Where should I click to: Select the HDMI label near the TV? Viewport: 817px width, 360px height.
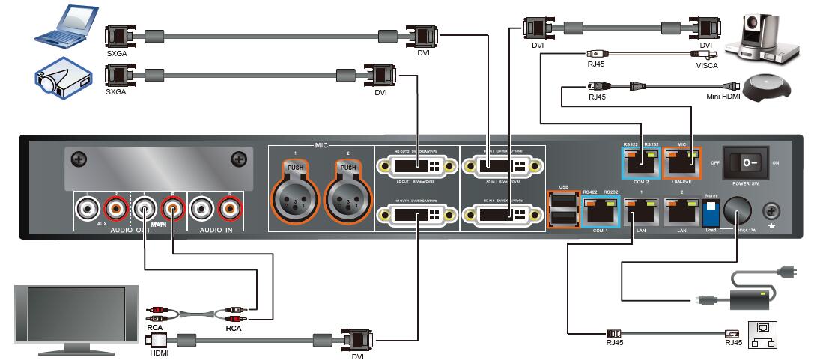tap(159, 353)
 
